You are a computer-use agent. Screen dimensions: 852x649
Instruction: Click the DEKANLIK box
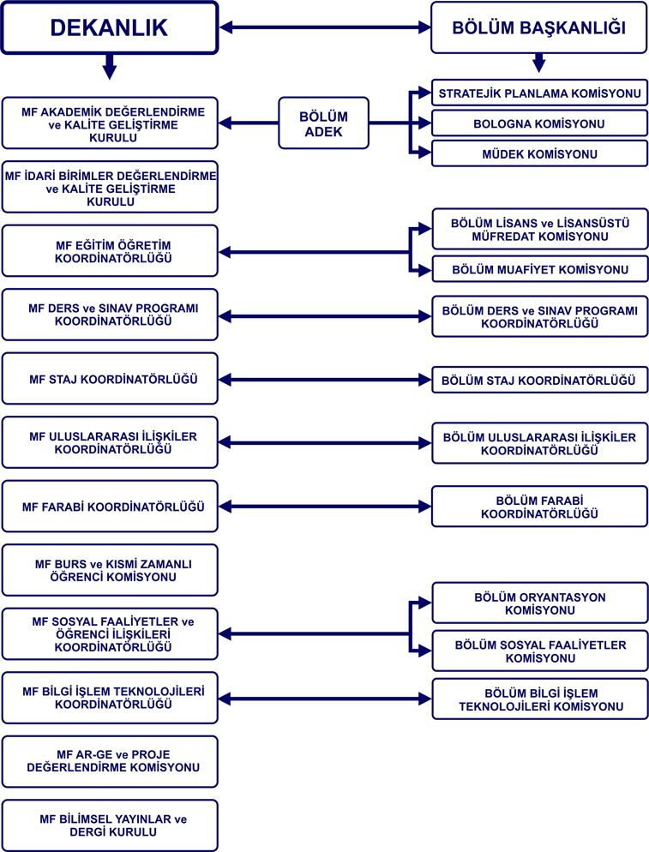coord(109,28)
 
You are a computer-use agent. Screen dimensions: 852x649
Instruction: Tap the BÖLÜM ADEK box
coord(322,123)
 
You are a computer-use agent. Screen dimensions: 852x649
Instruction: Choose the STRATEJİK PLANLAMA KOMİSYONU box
coord(539,93)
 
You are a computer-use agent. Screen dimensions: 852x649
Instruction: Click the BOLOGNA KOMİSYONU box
coord(539,124)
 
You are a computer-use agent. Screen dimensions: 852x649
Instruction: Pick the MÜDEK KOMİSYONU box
coord(539,154)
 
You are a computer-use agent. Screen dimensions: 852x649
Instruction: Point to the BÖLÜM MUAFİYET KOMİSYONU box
coord(539,270)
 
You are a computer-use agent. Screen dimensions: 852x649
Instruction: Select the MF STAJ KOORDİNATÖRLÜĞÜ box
coord(110,378)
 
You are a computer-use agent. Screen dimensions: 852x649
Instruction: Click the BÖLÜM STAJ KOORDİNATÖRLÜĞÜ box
coord(539,379)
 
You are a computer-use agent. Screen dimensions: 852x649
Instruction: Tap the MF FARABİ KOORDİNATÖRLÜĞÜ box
coord(110,506)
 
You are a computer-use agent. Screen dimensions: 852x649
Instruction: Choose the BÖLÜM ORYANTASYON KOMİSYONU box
coord(539,603)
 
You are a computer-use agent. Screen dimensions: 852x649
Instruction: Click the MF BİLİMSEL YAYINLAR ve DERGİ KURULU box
coord(110,825)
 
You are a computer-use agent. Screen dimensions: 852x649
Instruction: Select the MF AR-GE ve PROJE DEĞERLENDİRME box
coord(110,760)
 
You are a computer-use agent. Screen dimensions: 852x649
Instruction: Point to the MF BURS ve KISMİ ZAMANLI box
coord(110,570)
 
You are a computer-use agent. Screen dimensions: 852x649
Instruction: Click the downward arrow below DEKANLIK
coord(108,66)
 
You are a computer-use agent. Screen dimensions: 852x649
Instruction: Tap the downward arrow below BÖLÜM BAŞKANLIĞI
coord(538,63)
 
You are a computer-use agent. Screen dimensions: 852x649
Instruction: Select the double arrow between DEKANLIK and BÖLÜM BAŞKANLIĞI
coord(325,28)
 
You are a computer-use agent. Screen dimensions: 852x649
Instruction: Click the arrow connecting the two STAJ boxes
coord(325,379)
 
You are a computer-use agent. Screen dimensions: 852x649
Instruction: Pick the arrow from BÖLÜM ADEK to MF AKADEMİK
coord(249,124)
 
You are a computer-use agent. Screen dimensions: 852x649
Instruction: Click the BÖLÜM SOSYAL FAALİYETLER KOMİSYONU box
coord(539,651)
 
